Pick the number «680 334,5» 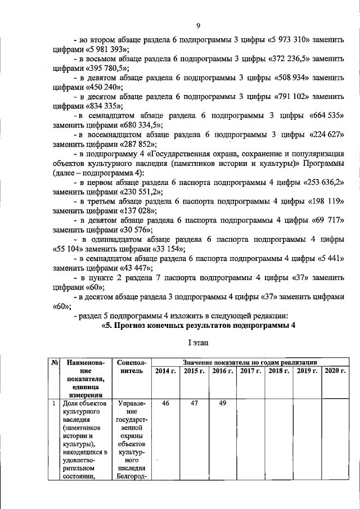[141, 124]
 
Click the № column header [55, 363]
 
